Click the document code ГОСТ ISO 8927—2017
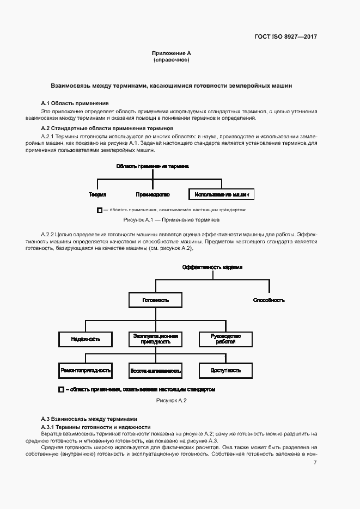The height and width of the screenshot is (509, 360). (x=285, y=37)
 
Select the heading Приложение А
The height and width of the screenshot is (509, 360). (x=172, y=53)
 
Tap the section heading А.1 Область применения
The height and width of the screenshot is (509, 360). (x=75, y=103)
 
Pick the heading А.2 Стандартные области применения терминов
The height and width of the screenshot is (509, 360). (x=107, y=128)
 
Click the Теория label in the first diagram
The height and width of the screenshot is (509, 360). (x=97, y=194)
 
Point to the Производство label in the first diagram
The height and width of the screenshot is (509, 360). (x=153, y=194)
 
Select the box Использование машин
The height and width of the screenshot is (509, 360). (x=221, y=194)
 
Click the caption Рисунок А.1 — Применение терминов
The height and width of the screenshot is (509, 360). (x=172, y=220)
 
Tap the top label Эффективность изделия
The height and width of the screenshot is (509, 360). (x=212, y=267)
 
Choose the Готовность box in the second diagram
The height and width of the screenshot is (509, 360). (x=156, y=300)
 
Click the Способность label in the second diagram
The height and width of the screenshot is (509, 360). (x=269, y=300)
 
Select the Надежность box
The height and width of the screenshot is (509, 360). (x=86, y=339)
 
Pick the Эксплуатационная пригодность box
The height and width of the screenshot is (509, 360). (x=156, y=339)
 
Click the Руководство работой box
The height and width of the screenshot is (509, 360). (x=225, y=339)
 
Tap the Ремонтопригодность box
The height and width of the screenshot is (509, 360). (x=86, y=370)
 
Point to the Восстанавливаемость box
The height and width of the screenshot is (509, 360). (x=156, y=370)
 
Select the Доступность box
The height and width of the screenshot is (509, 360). (x=225, y=370)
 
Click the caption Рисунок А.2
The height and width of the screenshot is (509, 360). (x=172, y=401)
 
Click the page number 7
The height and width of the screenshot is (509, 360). (x=315, y=462)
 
